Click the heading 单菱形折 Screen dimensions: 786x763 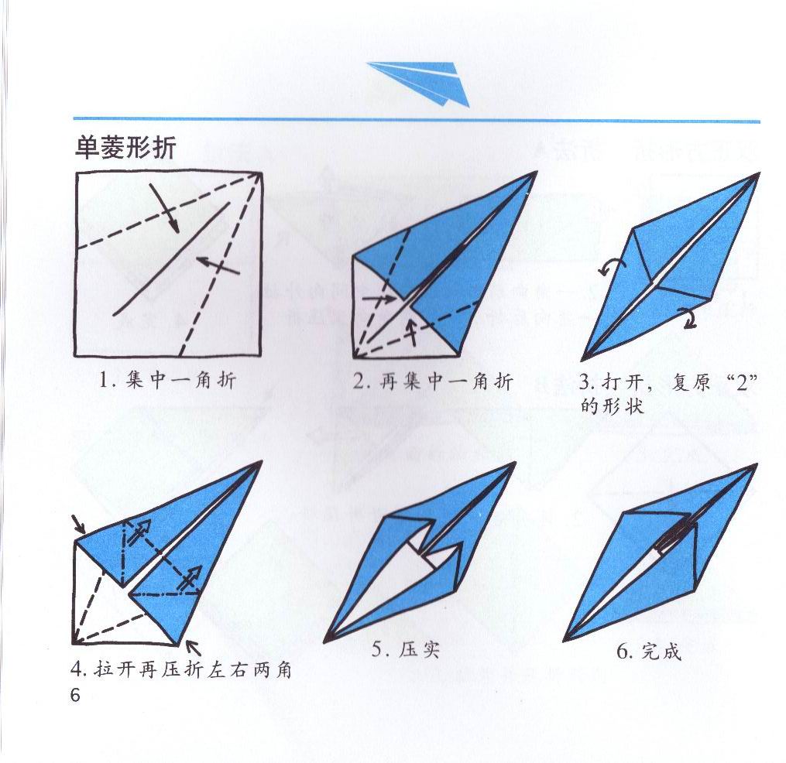125,149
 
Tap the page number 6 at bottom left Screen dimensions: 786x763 75,696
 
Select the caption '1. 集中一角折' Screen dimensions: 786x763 167,381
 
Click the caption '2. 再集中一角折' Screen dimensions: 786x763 433,381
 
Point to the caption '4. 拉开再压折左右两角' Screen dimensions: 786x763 181,669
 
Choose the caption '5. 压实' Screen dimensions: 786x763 406,650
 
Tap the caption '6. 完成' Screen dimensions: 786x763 649,652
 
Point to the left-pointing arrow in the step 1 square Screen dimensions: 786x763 218,265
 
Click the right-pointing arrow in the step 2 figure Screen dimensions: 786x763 379,299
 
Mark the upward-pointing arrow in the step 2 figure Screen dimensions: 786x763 412,332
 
